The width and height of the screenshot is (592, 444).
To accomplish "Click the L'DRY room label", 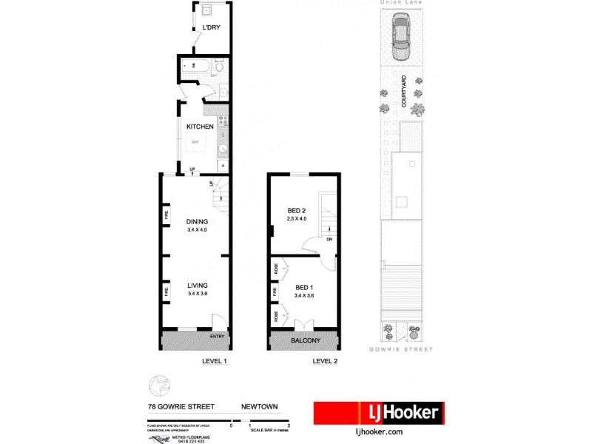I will (212, 29).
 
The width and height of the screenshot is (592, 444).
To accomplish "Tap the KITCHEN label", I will (200, 127).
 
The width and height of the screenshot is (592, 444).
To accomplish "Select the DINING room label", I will (197, 221).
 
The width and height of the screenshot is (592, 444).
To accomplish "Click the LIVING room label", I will (197, 285).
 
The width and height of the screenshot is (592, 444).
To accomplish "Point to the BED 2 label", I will (297, 211).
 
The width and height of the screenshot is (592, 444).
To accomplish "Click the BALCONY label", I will (305, 340).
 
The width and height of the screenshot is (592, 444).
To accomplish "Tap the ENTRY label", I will (217, 337).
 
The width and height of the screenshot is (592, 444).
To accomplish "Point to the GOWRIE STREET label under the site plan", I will (400, 349).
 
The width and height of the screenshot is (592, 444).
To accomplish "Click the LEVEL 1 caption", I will (214, 361).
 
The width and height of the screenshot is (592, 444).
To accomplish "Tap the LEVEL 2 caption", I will (325, 361).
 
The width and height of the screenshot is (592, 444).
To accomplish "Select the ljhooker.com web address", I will (379, 431).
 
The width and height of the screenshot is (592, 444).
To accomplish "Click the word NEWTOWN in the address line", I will (259, 406).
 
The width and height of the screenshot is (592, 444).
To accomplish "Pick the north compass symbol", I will (157, 385).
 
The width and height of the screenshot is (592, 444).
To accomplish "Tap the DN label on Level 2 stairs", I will (328, 239).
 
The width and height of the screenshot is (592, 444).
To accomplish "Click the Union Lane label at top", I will (400, 3).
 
